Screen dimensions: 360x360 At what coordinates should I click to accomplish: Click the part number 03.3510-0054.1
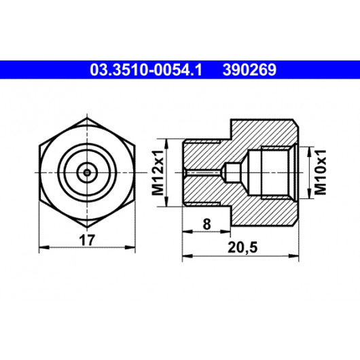click(146, 70)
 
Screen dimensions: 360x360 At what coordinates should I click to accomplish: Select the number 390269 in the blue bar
click(249, 70)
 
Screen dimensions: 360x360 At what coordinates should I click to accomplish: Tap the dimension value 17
click(86, 240)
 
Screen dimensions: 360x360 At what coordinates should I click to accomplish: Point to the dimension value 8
click(206, 224)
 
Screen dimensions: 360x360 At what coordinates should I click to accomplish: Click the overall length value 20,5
click(242, 248)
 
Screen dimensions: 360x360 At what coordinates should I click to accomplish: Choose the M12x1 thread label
click(158, 173)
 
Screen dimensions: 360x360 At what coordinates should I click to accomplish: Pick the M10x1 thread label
click(321, 172)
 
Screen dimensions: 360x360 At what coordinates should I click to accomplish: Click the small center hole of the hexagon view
click(87, 173)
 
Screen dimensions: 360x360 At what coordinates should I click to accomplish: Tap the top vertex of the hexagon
click(87, 118)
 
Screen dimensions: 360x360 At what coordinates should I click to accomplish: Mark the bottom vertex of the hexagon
click(87, 228)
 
